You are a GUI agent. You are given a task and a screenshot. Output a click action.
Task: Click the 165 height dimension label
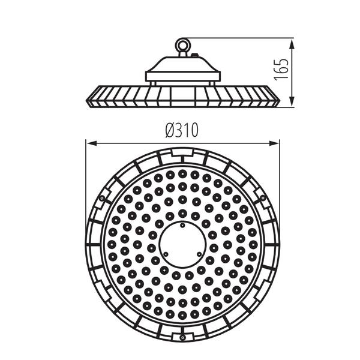[281, 70]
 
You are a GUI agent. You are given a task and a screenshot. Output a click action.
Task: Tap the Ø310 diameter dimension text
[182, 130]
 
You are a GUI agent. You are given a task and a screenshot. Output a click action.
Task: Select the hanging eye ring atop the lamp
[183, 45]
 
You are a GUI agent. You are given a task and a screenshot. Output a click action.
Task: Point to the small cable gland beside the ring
[194, 55]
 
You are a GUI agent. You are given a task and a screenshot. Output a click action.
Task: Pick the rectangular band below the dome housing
[183, 76]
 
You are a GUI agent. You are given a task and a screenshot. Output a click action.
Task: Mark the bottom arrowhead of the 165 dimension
[292, 101]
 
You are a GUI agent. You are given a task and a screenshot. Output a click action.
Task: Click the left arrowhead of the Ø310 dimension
[91, 143]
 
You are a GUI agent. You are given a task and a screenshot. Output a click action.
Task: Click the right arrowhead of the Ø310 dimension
[274, 143]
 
